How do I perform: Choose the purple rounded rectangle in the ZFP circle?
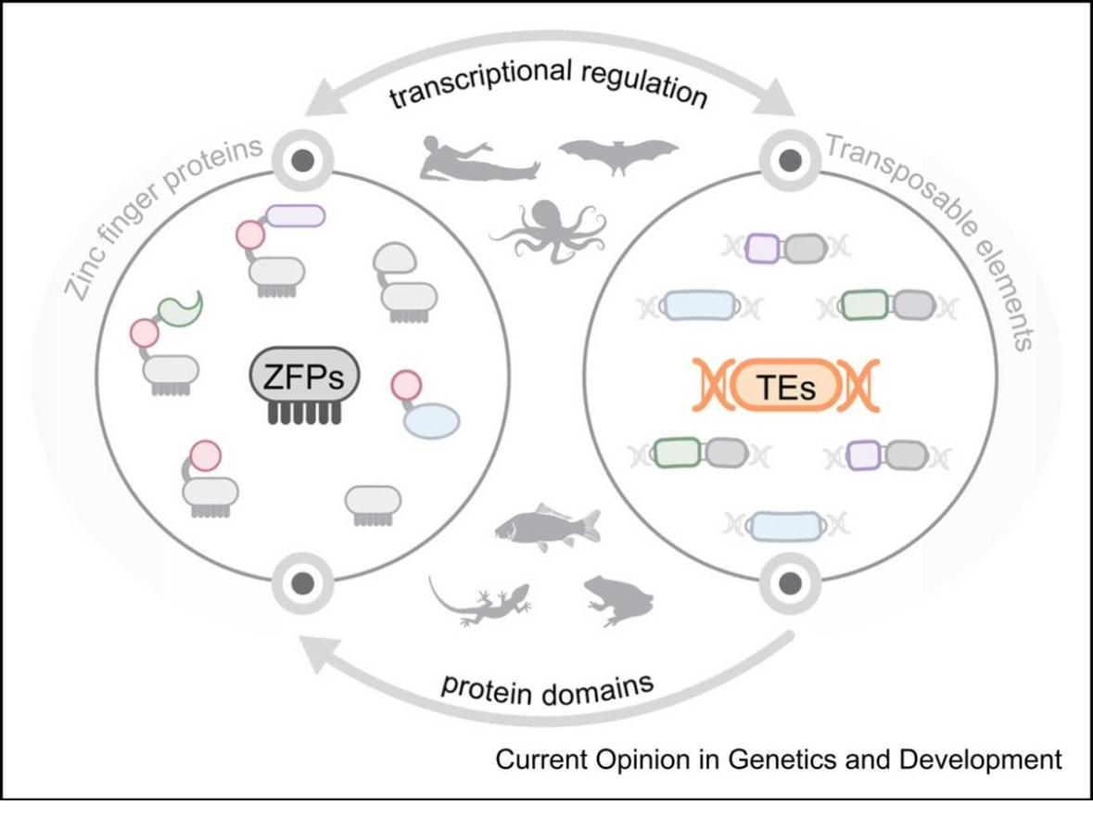296,215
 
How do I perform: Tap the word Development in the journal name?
987,760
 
